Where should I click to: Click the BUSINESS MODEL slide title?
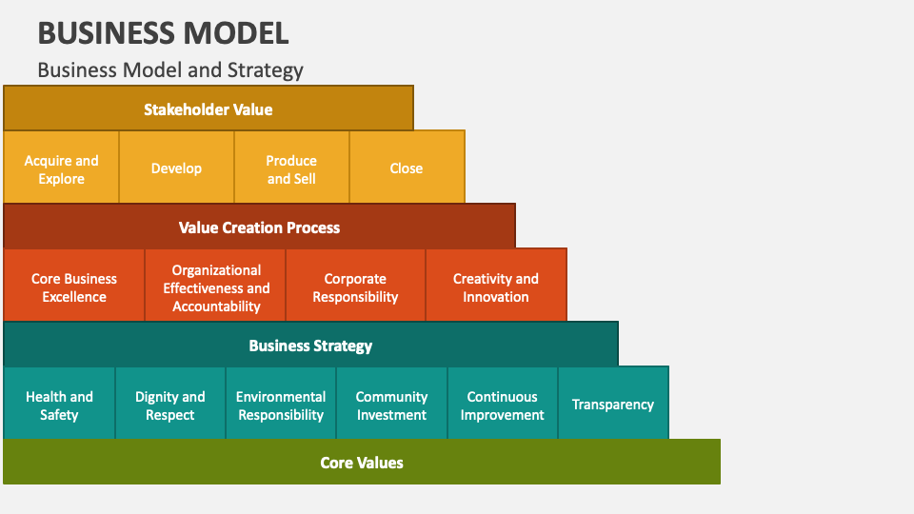(x=163, y=33)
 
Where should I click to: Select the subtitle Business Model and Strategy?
(x=170, y=69)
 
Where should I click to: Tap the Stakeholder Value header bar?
(x=209, y=109)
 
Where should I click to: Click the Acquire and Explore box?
(x=61, y=168)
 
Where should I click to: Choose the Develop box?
(x=177, y=168)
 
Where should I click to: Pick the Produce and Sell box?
(x=291, y=168)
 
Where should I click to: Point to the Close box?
(x=407, y=168)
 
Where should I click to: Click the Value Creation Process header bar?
(x=259, y=227)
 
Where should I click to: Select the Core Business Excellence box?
(x=74, y=285)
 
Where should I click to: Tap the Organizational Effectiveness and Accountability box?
(x=215, y=285)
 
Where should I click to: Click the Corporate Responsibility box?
(x=355, y=285)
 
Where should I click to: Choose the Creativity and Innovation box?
(x=496, y=285)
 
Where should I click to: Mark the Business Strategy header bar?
(x=310, y=345)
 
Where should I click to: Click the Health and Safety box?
(x=59, y=403)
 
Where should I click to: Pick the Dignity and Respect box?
(x=170, y=403)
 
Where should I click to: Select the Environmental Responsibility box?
(x=281, y=403)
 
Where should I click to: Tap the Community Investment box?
(x=391, y=403)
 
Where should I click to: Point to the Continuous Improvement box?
(x=503, y=403)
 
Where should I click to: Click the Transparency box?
(x=613, y=403)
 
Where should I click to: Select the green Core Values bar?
(x=362, y=462)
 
